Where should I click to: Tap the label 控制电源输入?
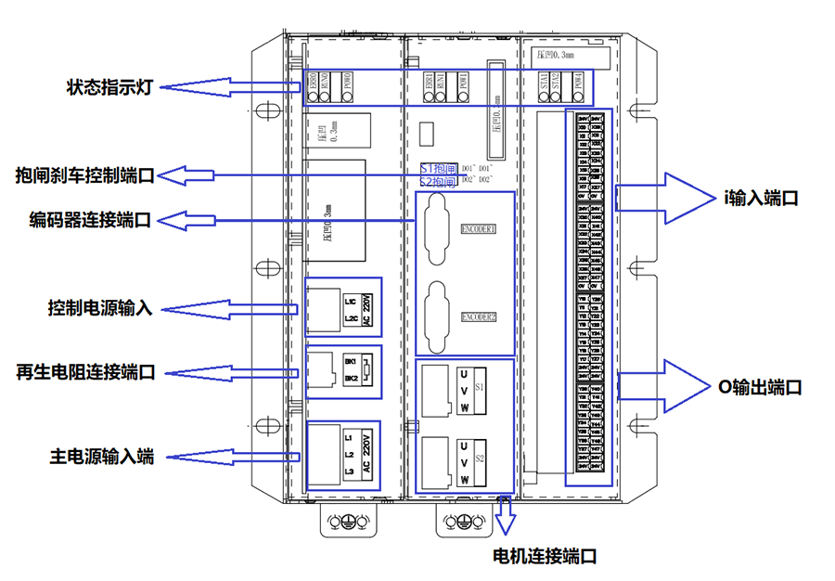[x=100, y=307]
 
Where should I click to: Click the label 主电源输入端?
[x=101, y=457]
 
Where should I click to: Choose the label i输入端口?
[x=761, y=198]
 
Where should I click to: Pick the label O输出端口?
[x=761, y=387]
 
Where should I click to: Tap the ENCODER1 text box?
[x=478, y=228]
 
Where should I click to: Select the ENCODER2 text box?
[x=478, y=316]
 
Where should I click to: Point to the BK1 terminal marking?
[x=351, y=360]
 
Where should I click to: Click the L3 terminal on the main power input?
[x=349, y=472]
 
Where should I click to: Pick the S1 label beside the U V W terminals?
[x=480, y=385]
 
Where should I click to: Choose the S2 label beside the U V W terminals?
[x=480, y=458]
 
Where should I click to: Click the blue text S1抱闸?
[x=438, y=170]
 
